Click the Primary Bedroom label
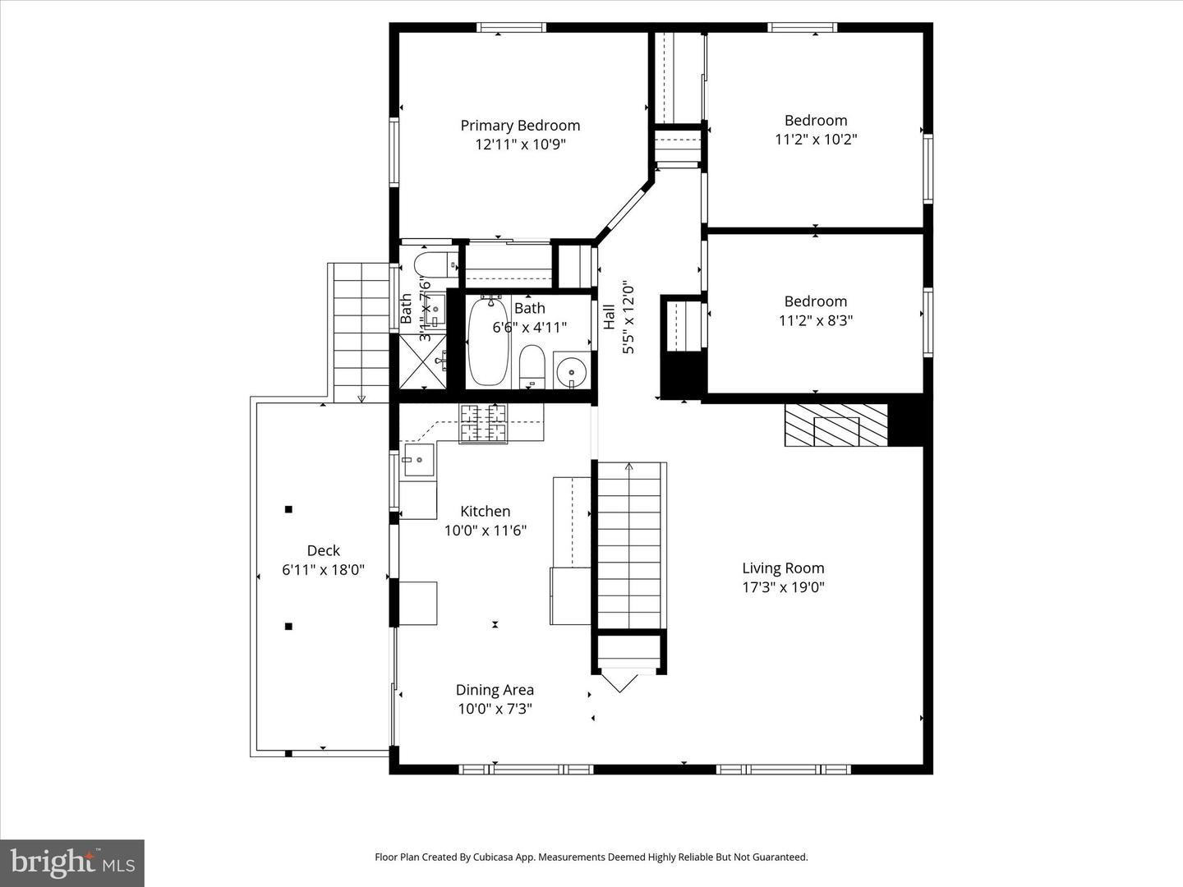coord(520,126)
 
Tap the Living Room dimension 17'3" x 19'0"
coord(783,587)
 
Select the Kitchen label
coord(485,511)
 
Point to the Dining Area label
coord(495,690)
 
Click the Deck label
coord(323,550)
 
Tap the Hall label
coord(610,317)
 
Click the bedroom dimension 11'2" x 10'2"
coord(816,140)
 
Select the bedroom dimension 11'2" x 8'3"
coord(816,320)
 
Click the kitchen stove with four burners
coord(484,423)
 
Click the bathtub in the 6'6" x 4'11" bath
coord(488,341)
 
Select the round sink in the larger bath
coord(571,371)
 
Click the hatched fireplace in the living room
coord(836,425)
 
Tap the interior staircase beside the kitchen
coord(629,546)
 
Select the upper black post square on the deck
coord(288,509)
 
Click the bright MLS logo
coord(72,862)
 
